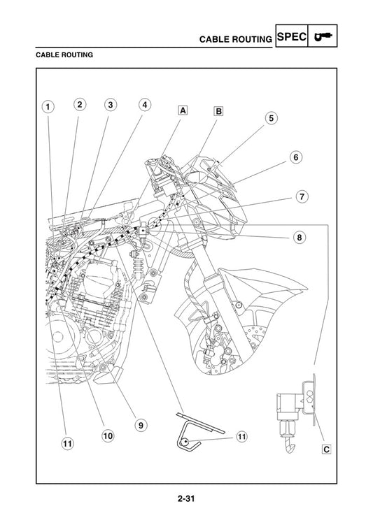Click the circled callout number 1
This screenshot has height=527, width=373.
coord(47,107)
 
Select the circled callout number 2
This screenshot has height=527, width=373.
coord(80,105)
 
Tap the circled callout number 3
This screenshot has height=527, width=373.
coord(111,105)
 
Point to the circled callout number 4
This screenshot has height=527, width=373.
coord(144,105)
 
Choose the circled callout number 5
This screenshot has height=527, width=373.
coord(271,118)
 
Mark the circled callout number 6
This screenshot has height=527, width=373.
coord(296,157)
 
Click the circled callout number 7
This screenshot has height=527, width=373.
coord(301,196)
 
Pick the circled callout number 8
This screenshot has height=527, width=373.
coord(299,237)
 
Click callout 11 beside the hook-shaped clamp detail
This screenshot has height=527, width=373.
coord(241,437)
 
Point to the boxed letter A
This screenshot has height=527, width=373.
coord(182,110)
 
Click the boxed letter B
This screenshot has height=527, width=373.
coord(218,110)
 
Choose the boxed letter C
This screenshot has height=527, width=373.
coord(326,449)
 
